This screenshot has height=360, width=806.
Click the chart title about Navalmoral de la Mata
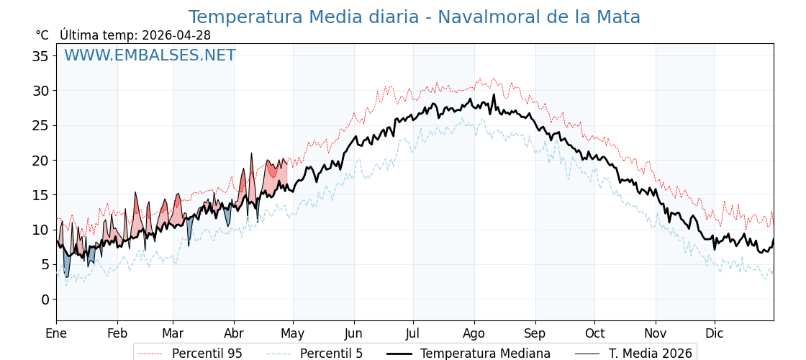point(414,17)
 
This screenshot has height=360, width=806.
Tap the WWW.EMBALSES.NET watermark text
point(150,55)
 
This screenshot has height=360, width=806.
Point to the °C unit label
point(42,35)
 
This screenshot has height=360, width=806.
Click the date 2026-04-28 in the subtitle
point(176,35)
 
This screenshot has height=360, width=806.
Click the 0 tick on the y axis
point(45,300)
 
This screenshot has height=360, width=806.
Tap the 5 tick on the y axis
point(45,265)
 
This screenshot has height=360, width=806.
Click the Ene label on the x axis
point(56,334)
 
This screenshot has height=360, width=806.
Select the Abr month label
point(234,334)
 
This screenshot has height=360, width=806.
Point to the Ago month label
point(474,334)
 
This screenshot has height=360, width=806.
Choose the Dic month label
point(715,334)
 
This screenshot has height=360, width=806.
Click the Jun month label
point(354,334)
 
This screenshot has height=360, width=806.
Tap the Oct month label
point(594,334)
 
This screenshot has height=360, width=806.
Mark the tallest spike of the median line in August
point(494,94)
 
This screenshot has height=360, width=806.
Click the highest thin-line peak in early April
point(252,153)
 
